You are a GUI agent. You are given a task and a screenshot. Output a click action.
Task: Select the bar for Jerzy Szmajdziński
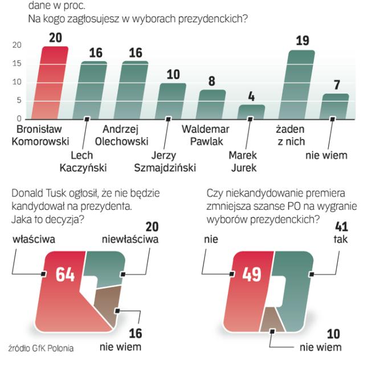[x=172, y=101]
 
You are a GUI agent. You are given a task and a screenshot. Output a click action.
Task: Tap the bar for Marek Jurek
[x=251, y=112]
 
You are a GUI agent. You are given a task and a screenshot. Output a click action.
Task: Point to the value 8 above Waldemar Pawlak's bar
[x=211, y=81]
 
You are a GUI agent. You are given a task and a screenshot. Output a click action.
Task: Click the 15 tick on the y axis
[x=17, y=63]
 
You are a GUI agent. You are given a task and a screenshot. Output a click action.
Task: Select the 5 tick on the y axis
[x=19, y=100]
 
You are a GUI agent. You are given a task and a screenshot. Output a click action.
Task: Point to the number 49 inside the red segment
[x=252, y=275]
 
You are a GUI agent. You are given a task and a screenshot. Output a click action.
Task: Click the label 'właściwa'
[x=34, y=240]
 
